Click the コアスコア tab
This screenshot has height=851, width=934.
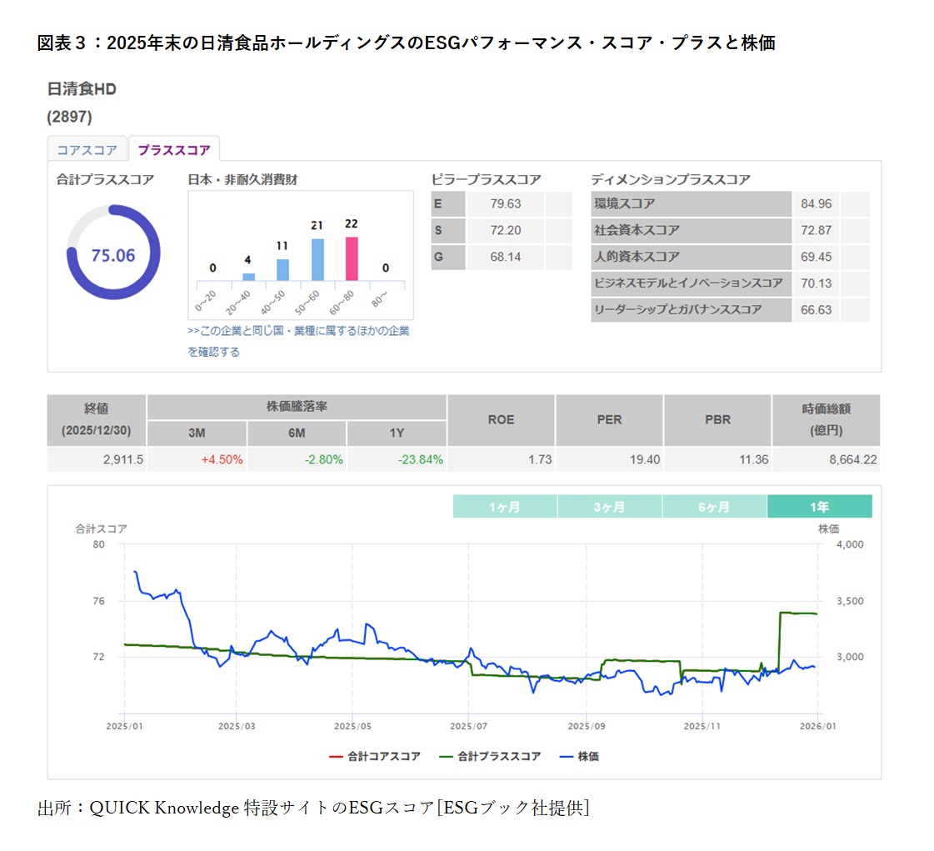[x=87, y=150]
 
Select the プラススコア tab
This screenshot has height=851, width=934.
[x=174, y=150]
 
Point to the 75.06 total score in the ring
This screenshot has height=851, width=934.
[x=113, y=255]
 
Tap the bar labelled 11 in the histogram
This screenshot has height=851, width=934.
[x=282, y=269]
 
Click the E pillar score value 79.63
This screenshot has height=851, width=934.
[x=505, y=204]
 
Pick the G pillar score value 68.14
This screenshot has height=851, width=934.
[x=505, y=257]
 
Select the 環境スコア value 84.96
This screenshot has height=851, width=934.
[x=816, y=204]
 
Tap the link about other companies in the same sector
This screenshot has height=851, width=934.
[x=298, y=331]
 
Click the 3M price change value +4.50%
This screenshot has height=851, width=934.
[x=222, y=459]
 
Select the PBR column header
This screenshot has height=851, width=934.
[x=717, y=419]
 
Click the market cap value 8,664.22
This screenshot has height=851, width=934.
[x=848, y=459]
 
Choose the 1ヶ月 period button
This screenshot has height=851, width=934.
[x=505, y=507]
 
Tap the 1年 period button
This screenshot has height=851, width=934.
[x=819, y=507]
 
